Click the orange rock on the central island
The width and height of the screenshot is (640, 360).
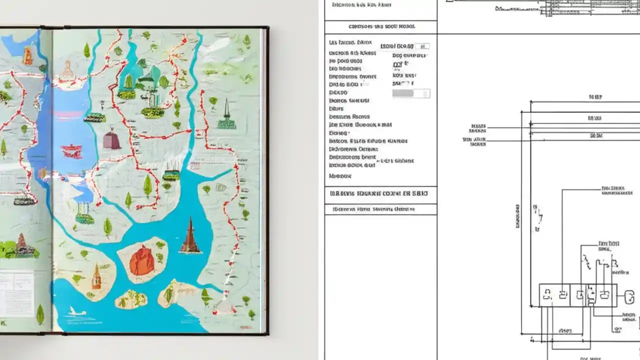141,260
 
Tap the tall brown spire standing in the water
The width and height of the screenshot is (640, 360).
190,235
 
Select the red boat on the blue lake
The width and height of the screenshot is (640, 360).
71,150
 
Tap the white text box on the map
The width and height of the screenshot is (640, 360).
16,292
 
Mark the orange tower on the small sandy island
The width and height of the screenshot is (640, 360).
96,278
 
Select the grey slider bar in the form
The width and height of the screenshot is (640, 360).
411,93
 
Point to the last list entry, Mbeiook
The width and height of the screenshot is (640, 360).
340,176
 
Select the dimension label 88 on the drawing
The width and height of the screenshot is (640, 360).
594,118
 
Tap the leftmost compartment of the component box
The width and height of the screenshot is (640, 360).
547,295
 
